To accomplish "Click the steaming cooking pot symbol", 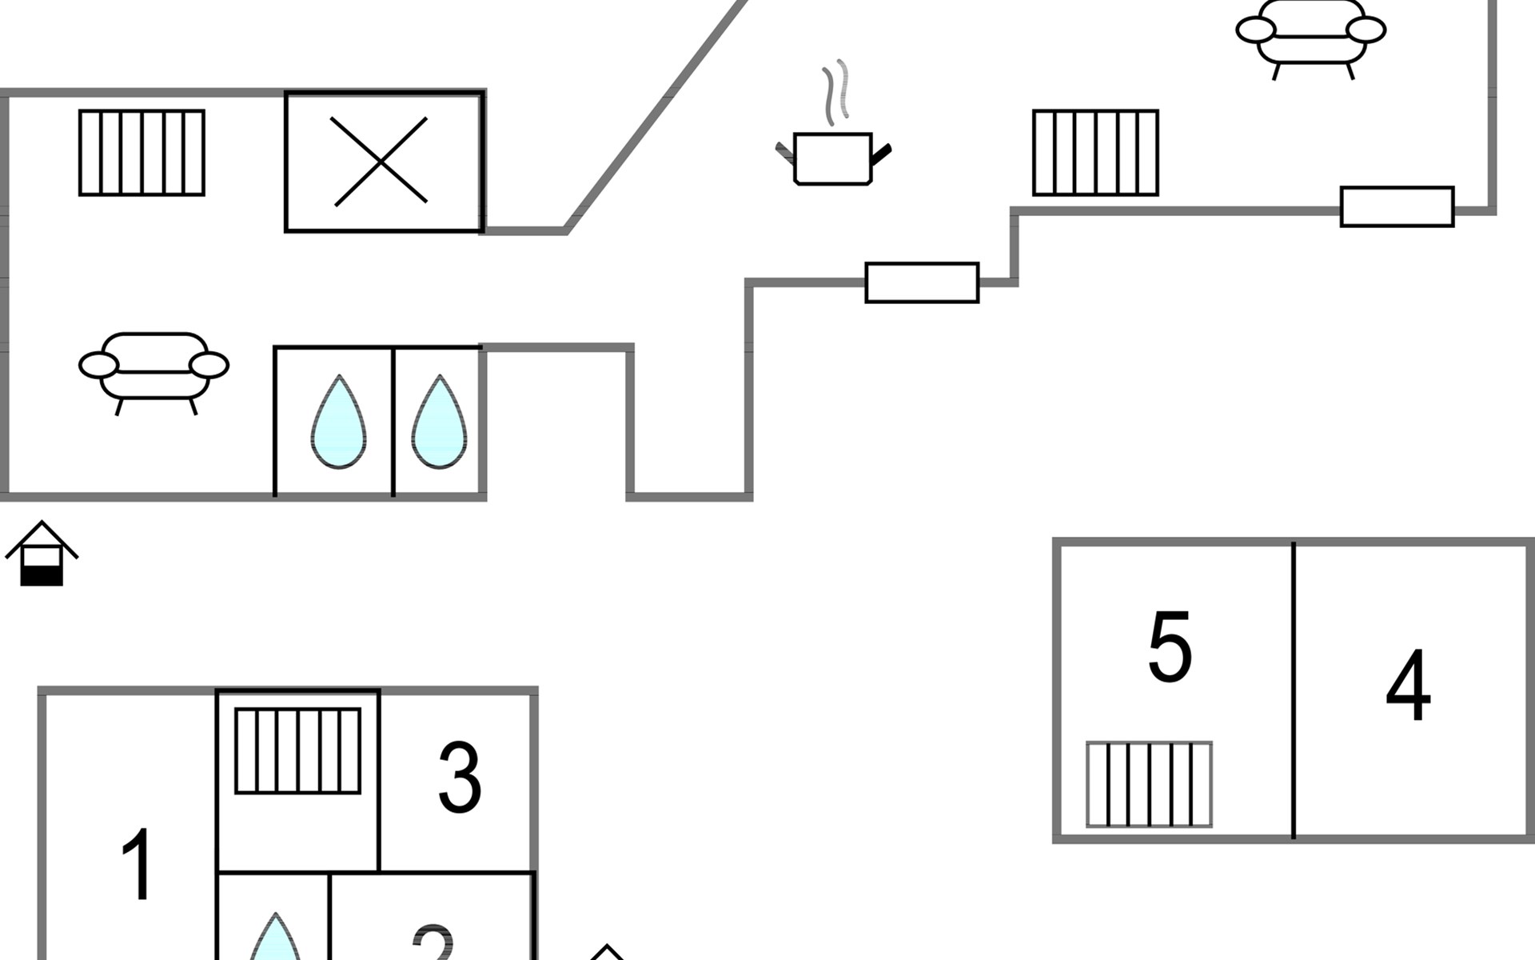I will (832, 158).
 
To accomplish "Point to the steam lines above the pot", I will (835, 92).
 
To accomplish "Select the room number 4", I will (1408, 685).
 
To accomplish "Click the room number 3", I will (460, 778).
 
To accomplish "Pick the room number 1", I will (138, 864).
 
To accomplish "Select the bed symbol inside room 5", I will (1149, 784).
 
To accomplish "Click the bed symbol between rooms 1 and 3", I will (297, 750).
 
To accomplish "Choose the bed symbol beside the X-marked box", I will (142, 153).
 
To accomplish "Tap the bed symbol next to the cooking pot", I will (1095, 153).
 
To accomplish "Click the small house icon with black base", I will (42, 554).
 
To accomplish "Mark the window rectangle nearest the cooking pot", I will (922, 282).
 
